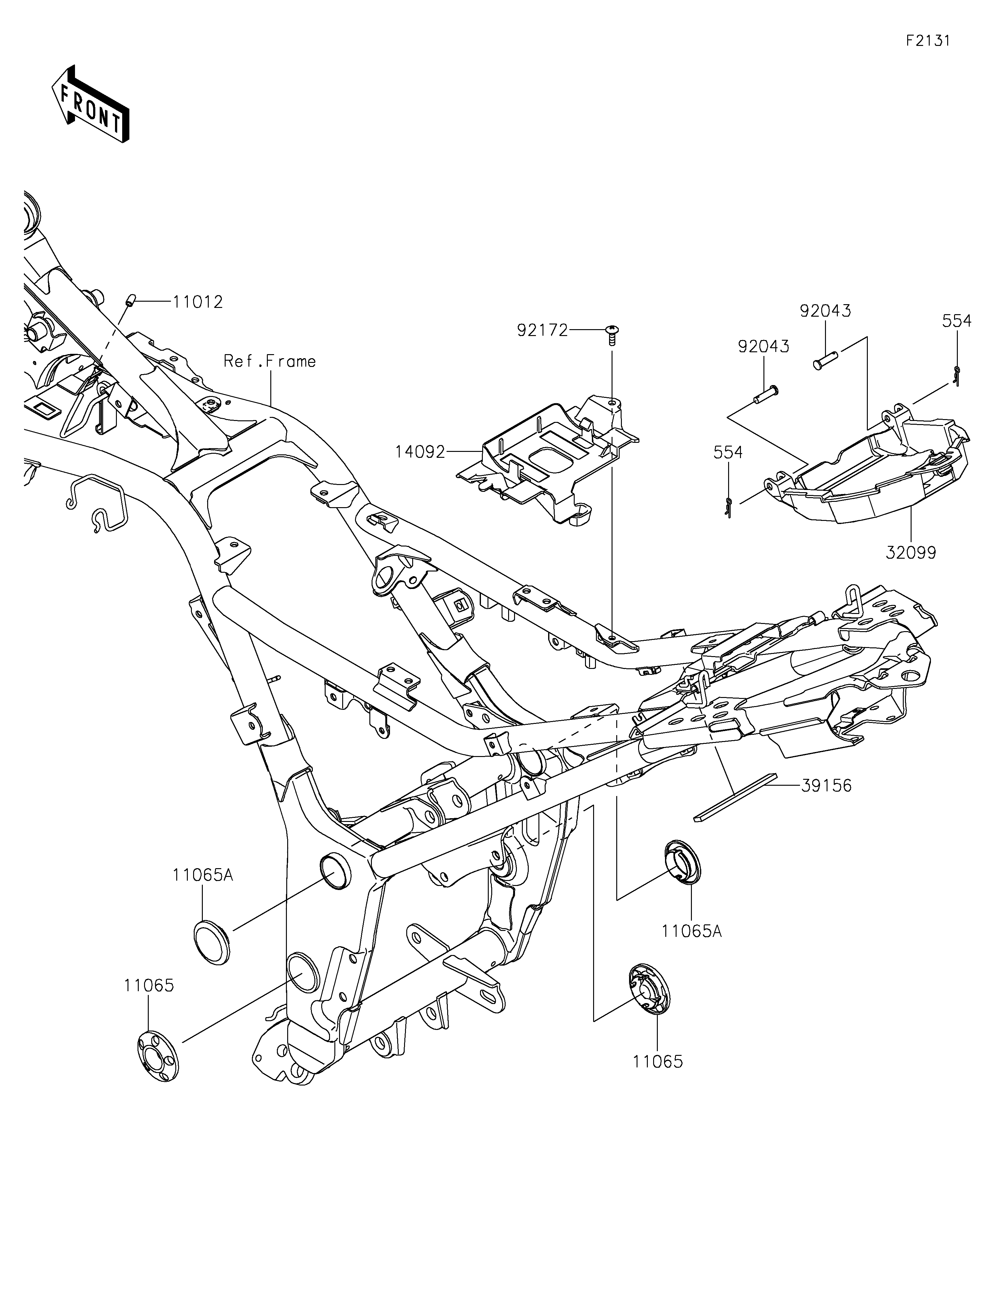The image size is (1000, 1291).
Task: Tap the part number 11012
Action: [197, 302]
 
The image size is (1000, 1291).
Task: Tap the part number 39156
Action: [827, 786]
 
